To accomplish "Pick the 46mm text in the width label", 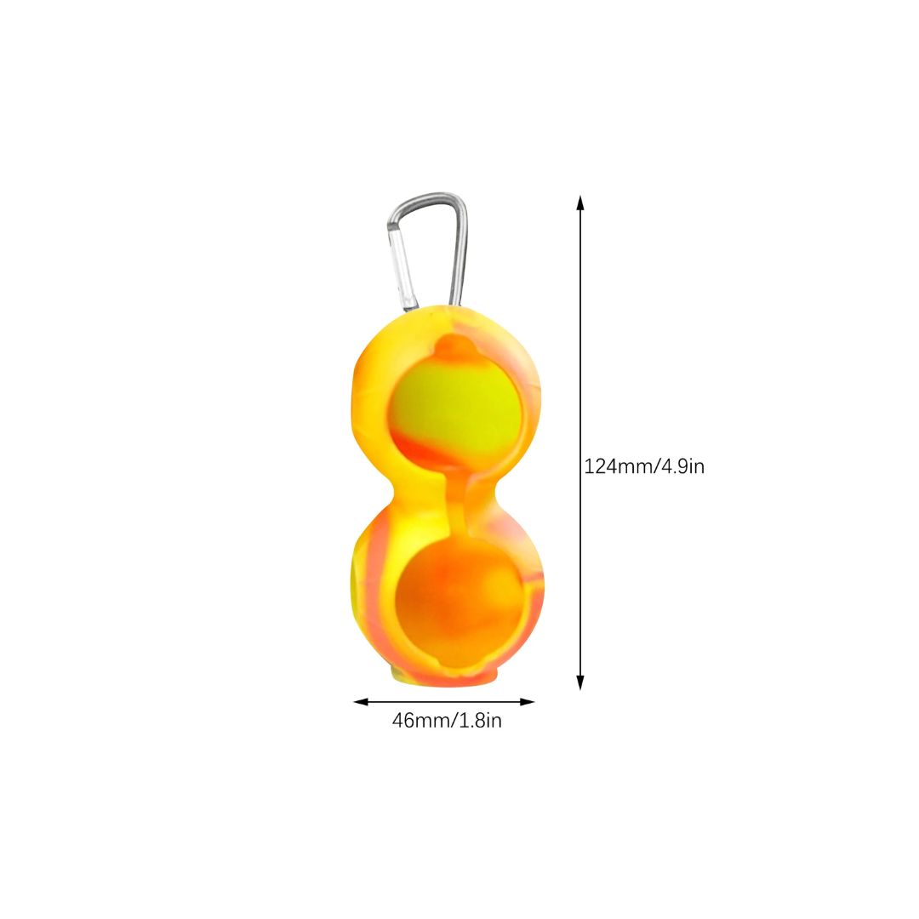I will [x=423, y=721].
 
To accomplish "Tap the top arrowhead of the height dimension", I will [x=580, y=203].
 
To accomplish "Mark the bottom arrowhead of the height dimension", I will [x=580, y=682].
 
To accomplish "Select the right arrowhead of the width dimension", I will [x=527, y=702].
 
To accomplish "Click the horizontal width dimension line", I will [x=443, y=702].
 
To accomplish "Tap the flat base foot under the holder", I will [x=443, y=677].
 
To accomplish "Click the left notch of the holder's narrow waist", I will [x=392, y=494].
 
